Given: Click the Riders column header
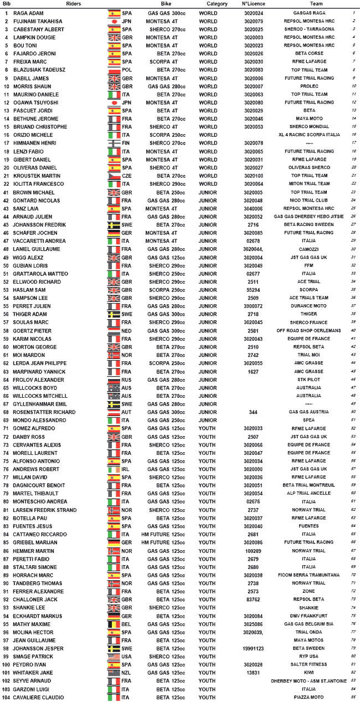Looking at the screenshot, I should pos(75,4).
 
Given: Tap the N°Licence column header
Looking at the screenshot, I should pos(253,4).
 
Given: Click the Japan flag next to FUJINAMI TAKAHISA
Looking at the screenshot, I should pos(114,21).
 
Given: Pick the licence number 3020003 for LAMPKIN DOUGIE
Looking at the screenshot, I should pos(253,37).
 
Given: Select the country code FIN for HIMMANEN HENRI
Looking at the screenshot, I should pos(127,143).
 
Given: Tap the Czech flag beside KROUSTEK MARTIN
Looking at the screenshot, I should pos(114,176).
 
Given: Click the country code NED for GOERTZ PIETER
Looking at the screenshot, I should pos(127,331).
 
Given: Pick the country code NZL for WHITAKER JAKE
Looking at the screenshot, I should pos(127,673).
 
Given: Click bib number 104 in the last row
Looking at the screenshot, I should pos(6,697).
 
